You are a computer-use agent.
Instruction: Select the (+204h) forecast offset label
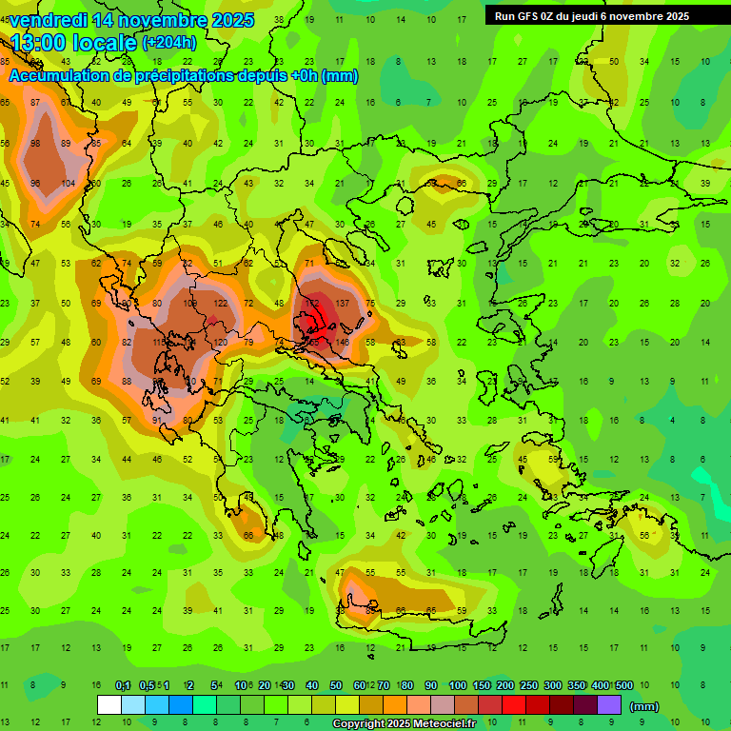coord(168,42)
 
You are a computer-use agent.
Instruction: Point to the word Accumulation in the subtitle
coord(59,76)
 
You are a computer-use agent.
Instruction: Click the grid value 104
coord(68,183)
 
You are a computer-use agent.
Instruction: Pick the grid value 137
coord(342,303)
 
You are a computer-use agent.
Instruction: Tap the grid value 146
coord(342,341)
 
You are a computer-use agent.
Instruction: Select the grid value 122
coord(220,303)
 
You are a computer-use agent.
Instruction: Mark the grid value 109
coord(189,303)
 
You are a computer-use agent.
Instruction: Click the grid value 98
coord(36,143)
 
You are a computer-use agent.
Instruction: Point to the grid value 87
coord(36,103)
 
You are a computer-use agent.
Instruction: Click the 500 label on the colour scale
coord(624,685)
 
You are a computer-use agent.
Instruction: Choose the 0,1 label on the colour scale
coord(123,685)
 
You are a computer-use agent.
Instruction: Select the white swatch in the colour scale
coord(109,704)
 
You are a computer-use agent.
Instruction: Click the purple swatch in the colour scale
coord(609,704)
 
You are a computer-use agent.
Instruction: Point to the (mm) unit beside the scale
coord(644,706)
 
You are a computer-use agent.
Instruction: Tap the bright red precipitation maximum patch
coord(324,312)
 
